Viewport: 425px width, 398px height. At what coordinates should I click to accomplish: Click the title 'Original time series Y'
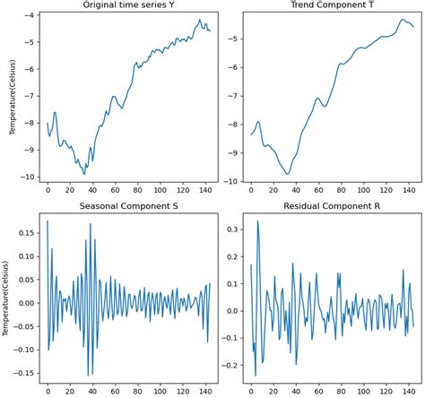129,6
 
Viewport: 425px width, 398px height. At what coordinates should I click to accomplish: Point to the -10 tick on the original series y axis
28,177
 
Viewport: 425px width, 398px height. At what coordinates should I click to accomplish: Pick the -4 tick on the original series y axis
30,15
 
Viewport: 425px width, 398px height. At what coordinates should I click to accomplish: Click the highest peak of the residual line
258,221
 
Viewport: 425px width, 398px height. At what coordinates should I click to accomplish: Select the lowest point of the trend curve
288,174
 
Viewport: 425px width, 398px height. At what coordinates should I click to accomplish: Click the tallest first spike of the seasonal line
48,221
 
